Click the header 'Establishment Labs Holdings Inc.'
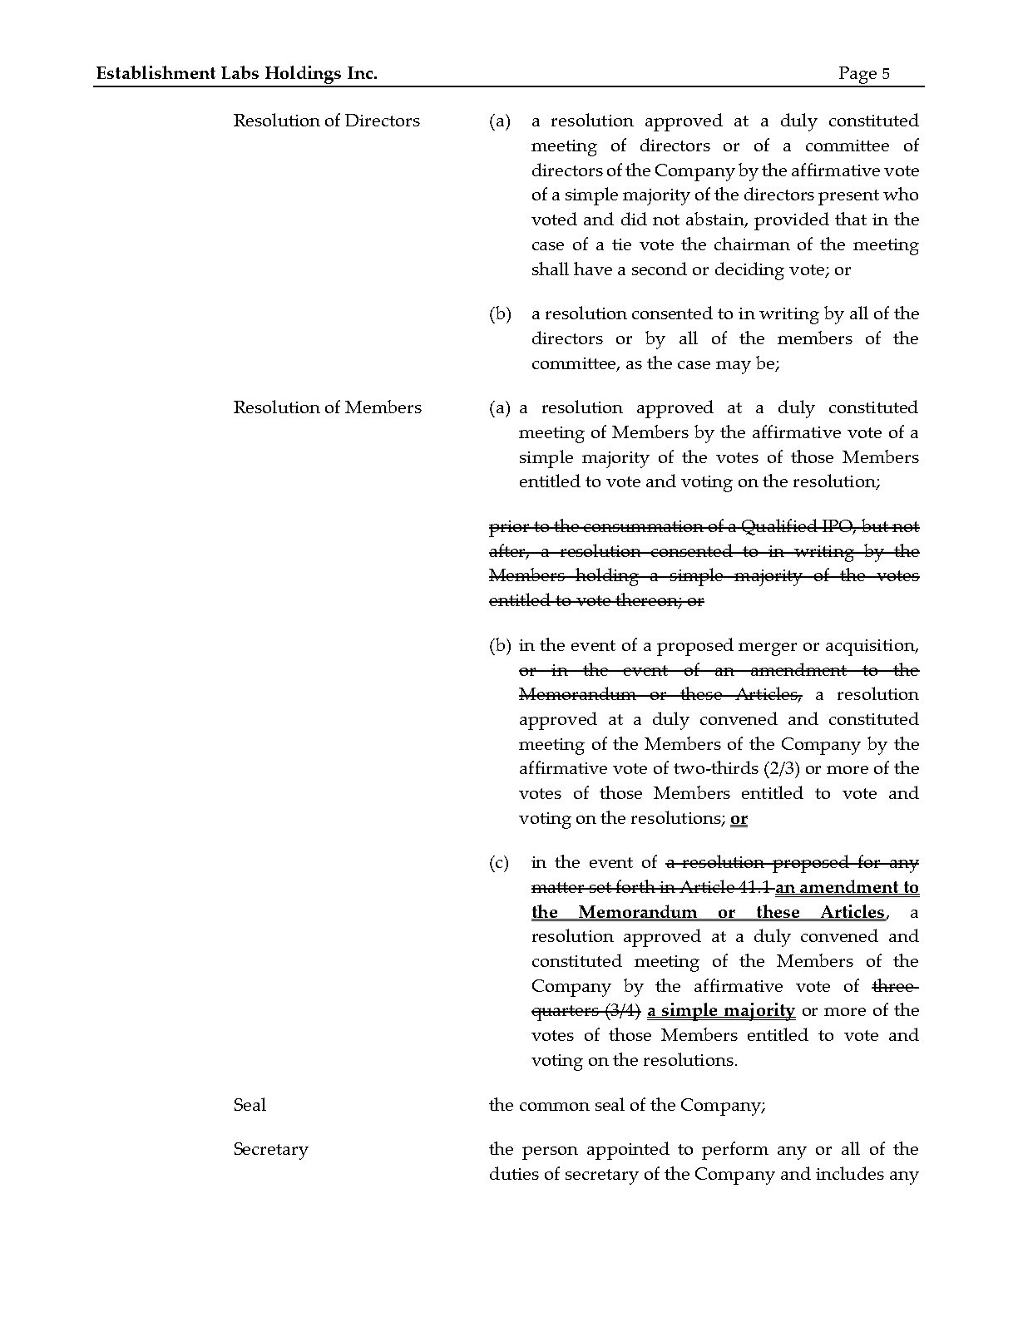coord(236,73)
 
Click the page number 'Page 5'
coord(864,73)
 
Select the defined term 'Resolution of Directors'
coord(326,121)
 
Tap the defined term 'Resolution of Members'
coord(327,407)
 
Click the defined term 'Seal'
coord(250,1105)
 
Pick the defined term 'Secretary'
coord(270,1149)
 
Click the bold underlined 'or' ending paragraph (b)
coord(739,818)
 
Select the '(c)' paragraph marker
coord(499,863)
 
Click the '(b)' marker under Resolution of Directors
coord(500,314)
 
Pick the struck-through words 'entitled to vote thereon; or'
coord(596,600)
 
